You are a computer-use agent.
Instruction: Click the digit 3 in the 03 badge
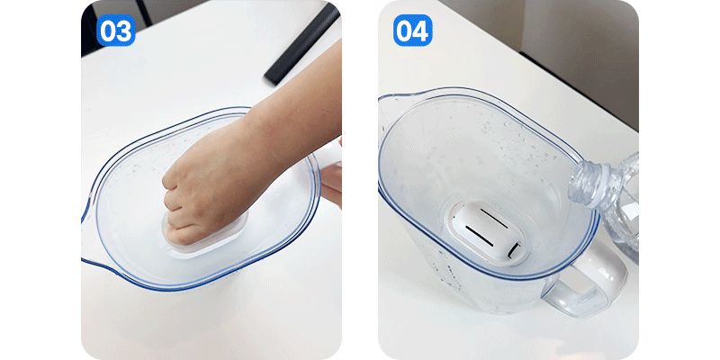[x=124, y=31]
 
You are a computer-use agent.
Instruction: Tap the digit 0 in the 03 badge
[x=108, y=31]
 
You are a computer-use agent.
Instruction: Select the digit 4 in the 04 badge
[x=420, y=31]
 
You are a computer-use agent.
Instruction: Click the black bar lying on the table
[x=302, y=44]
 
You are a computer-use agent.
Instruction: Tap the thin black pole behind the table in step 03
[x=143, y=13]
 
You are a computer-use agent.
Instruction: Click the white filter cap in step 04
[x=487, y=232]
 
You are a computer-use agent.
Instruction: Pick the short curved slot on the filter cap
[x=514, y=249]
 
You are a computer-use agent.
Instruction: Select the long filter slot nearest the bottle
[x=494, y=218]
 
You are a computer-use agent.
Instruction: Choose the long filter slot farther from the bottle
[x=480, y=235]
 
